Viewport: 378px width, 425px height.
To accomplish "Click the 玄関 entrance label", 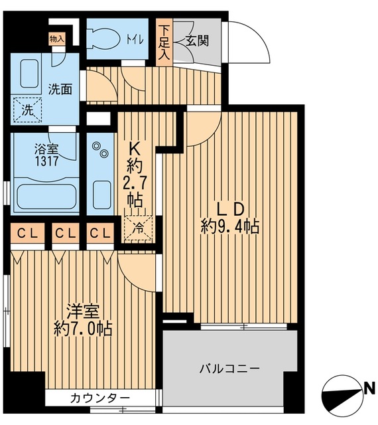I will (197, 41).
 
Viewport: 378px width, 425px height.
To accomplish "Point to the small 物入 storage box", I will (57, 39).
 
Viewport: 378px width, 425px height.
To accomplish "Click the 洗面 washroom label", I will (60, 90).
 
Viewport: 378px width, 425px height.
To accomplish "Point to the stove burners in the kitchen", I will (101, 151).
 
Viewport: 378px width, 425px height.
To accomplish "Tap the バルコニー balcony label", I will (229, 368).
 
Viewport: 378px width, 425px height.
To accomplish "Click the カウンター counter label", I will (99, 398).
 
